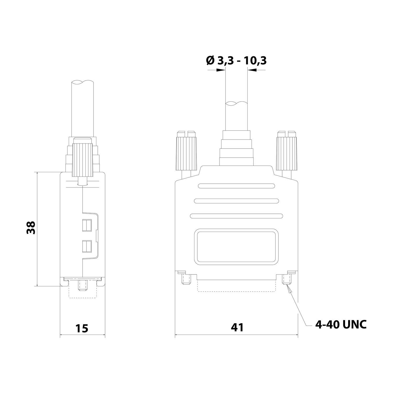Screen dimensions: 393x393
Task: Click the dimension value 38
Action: click(31, 227)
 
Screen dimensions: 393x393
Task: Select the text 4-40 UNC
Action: click(341, 325)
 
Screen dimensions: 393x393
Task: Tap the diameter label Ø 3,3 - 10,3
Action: click(236, 61)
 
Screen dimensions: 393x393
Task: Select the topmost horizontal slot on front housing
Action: click(236, 186)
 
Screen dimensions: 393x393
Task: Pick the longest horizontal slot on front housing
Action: click(236, 216)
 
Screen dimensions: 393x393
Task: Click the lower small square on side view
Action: click(87, 246)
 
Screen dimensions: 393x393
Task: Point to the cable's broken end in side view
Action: click(82, 82)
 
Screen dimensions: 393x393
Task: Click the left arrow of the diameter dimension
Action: click(221, 70)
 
